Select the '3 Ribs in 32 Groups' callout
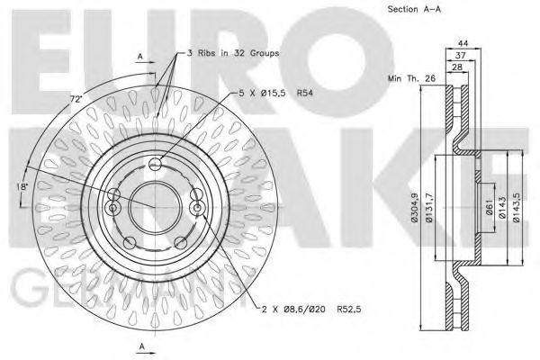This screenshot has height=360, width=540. [x=232, y=54]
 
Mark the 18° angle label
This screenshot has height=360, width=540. [x=22, y=187]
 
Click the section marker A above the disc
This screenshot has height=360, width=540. [x=140, y=56]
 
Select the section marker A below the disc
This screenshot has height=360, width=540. [x=140, y=347]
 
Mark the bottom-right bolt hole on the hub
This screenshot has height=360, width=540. [x=180, y=240]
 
